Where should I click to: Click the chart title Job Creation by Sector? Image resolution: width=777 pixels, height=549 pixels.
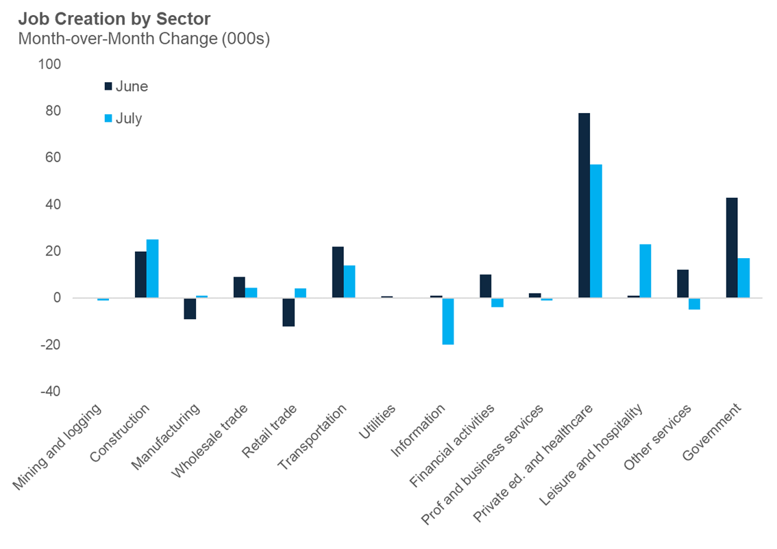[x=114, y=18]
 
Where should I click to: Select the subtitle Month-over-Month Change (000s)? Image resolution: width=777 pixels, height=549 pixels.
[x=144, y=38]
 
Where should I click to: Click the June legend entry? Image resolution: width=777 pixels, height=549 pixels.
[x=125, y=86]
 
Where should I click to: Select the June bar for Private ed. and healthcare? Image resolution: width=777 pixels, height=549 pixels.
[x=584, y=205]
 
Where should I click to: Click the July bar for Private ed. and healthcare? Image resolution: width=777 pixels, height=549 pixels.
[x=596, y=231]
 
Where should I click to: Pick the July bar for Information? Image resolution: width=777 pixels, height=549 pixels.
[x=448, y=321]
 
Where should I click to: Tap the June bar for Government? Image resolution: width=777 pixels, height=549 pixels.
[x=732, y=248]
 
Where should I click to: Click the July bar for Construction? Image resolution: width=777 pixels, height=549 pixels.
[x=152, y=268]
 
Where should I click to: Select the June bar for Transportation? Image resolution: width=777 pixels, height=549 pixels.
[x=338, y=272]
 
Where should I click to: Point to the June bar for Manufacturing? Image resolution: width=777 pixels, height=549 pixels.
[x=190, y=309]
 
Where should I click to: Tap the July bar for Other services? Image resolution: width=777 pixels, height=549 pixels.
[x=695, y=304]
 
